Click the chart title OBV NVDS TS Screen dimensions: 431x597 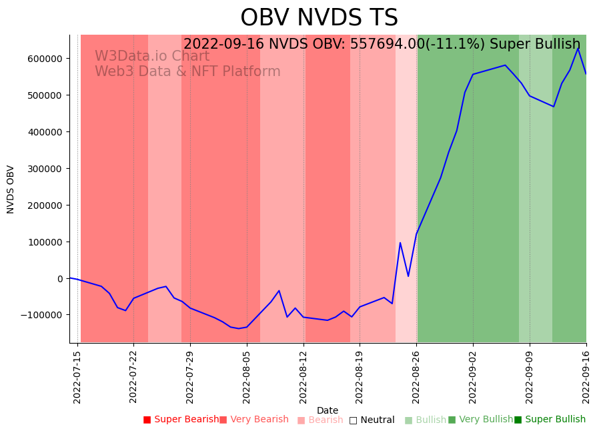coord(319,18)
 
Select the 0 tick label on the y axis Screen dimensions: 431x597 coord(59,279)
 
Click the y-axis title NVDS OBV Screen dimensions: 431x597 coord(11,189)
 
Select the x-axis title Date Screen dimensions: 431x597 coord(328,411)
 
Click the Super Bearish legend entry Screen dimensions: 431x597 coord(181,420)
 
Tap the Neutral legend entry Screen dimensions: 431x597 coord(372,420)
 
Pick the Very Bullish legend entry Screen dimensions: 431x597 coord(480,420)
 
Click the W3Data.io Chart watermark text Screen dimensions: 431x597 coord(152,57)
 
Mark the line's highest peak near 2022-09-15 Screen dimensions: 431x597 coord(578,49)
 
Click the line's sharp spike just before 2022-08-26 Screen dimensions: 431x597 coord(400,243)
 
